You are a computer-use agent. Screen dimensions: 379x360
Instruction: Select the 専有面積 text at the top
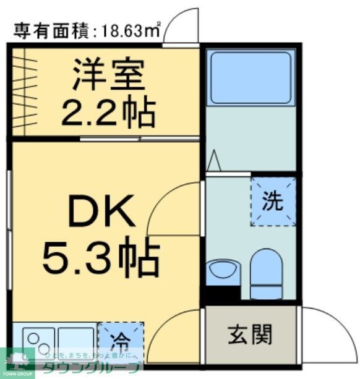(52, 28)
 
